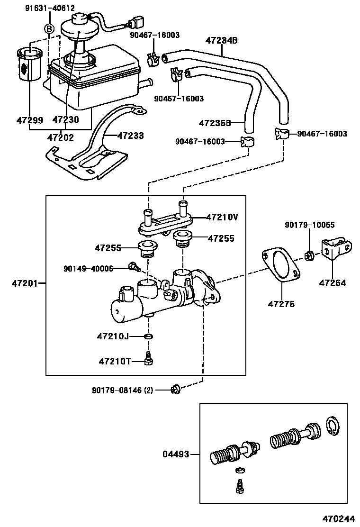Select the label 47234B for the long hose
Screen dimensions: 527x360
(x=221, y=41)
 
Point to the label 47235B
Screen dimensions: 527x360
(x=215, y=123)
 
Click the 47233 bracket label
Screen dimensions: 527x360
(x=130, y=136)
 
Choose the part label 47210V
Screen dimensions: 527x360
(x=222, y=217)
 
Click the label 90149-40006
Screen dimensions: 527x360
(x=88, y=269)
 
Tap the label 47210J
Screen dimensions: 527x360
(x=113, y=336)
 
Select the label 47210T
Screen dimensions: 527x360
(x=114, y=361)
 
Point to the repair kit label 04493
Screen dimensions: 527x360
(x=176, y=454)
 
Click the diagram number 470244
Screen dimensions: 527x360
(x=340, y=519)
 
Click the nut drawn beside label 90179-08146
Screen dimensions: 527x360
(x=174, y=390)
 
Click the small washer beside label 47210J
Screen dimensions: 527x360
(x=149, y=336)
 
